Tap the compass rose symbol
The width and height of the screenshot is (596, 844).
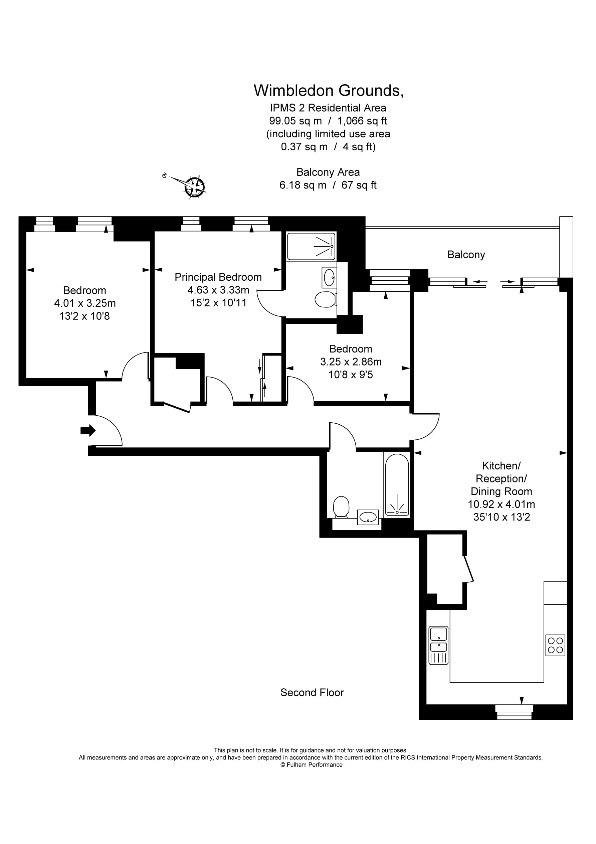click(x=195, y=187)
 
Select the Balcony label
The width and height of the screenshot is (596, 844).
click(x=465, y=255)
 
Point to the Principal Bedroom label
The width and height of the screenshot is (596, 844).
click(x=218, y=277)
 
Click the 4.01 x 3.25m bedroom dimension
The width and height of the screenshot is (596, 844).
click(x=85, y=303)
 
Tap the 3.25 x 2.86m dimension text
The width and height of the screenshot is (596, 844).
click(x=351, y=362)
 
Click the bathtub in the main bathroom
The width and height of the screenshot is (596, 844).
click(x=397, y=484)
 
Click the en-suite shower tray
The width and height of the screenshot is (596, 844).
click(x=311, y=246)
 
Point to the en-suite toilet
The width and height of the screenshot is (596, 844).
click(x=325, y=300)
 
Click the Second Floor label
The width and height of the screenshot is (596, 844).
click(x=312, y=693)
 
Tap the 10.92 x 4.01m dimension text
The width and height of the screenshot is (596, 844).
click(x=501, y=504)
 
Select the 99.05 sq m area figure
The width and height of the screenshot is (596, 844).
click(x=295, y=121)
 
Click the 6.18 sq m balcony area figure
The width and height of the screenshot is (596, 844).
click(x=303, y=185)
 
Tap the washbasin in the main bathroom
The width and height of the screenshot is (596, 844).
click(x=368, y=518)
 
